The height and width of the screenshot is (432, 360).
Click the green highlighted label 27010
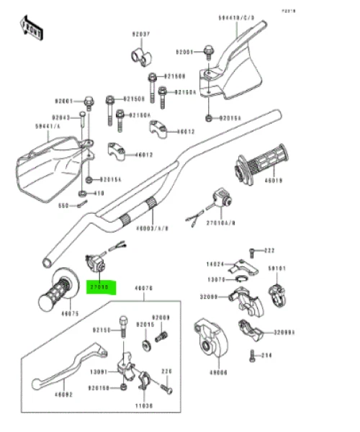pyautogui.click(x=99, y=286)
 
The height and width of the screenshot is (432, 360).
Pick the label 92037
pyautogui.click(x=140, y=35)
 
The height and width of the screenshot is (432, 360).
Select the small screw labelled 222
pyautogui.click(x=252, y=251)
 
